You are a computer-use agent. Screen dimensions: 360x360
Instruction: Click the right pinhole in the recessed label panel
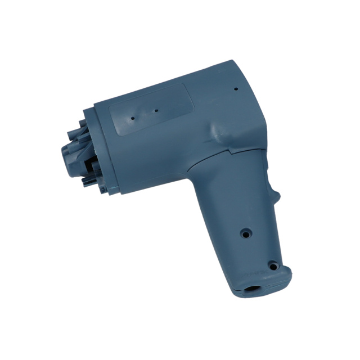pos(155,111)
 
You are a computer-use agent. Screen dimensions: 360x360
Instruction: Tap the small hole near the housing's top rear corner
pos(235,88)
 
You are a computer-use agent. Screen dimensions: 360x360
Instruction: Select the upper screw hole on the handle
pos(245,231)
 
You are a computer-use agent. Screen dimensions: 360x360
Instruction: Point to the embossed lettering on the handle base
pos(249,274)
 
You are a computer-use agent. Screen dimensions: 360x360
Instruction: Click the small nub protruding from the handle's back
pos(276,196)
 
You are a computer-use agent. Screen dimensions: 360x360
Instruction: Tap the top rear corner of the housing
pos(232,61)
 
